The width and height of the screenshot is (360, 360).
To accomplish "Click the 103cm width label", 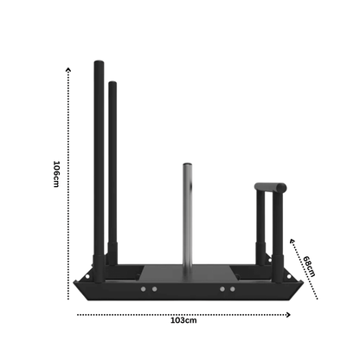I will [x=182, y=320].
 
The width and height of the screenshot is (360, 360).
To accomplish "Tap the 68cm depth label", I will [x=310, y=265].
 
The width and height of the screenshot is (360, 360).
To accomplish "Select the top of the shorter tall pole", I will [x=112, y=85].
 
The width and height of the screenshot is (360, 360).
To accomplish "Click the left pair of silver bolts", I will [x=148, y=289].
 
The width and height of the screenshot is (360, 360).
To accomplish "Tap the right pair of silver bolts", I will [x=227, y=289].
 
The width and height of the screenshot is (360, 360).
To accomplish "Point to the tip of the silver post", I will [x=185, y=164].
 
